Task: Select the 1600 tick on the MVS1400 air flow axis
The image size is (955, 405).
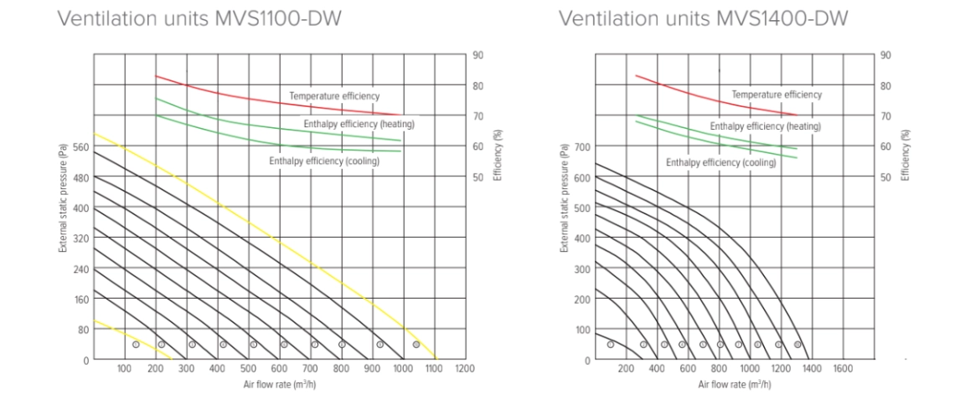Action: coord(842,368)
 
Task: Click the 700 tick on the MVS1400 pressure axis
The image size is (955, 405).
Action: coord(581,146)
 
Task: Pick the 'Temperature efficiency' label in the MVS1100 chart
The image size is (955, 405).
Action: coord(334,96)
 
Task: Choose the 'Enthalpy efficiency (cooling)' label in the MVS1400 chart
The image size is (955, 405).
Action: coord(720,163)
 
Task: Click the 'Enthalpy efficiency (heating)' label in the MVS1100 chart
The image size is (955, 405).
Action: coord(359,125)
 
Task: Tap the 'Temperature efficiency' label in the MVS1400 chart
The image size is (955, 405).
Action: coord(777,95)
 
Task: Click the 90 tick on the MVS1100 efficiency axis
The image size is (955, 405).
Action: coord(478,54)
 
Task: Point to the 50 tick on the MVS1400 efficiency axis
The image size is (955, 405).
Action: coord(886,177)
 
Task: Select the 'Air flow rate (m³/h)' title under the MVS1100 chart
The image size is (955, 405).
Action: coord(279,383)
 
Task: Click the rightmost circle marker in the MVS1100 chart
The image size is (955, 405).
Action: coord(416,344)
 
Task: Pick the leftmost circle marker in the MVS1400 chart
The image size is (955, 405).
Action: coord(611,344)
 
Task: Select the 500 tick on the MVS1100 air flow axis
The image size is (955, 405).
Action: coord(248,368)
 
